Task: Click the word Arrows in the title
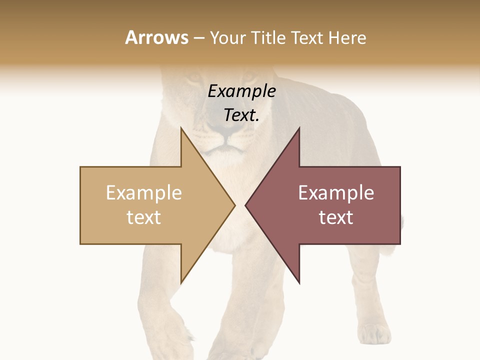(156, 37)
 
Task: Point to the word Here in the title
(347, 37)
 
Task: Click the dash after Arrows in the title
(198, 38)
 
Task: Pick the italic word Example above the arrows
(242, 91)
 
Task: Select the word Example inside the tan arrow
(144, 193)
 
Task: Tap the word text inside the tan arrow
(144, 217)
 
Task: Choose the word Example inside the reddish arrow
(336, 193)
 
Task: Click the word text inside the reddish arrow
(336, 217)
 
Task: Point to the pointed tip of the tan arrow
(234, 205)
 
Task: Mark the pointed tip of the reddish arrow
(245, 205)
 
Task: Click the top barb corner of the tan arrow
(181, 128)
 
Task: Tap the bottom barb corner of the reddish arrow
(299, 283)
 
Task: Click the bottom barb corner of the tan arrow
(181, 283)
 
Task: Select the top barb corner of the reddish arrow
(299, 128)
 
